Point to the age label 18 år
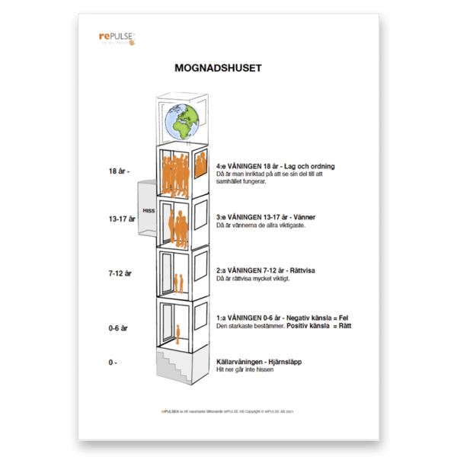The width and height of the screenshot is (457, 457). click(119, 171)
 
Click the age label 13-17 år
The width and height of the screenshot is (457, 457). click(121, 219)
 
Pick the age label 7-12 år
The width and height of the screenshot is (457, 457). click(119, 272)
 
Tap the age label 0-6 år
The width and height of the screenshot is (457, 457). click(118, 328)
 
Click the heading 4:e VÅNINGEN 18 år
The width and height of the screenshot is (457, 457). click(276, 166)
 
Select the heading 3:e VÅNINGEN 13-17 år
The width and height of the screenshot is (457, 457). click(266, 218)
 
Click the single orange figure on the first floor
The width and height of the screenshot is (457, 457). click(178, 333)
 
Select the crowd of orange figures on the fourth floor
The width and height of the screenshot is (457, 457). click(175, 174)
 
